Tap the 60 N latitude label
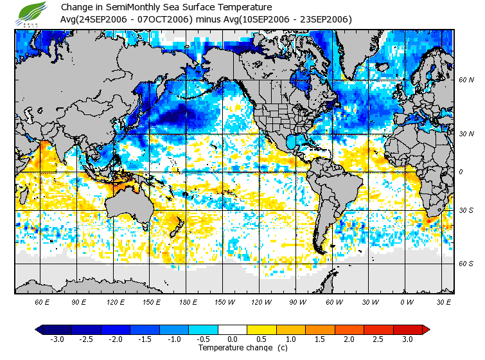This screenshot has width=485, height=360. (x=466, y=80)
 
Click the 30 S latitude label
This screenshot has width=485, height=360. (x=466, y=210)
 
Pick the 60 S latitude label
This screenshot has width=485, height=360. (x=466, y=264)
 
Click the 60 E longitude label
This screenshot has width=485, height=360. (x=42, y=301)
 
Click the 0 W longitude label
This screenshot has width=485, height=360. (x=406, y=301)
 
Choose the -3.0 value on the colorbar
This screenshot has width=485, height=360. (x=57, y=339)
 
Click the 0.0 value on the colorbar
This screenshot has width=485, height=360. (x=232, y=339)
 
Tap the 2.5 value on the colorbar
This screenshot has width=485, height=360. (x=378, y=339)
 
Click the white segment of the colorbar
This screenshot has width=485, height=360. (x=232, y=329)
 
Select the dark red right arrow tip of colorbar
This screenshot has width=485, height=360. (x=426, y=329)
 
